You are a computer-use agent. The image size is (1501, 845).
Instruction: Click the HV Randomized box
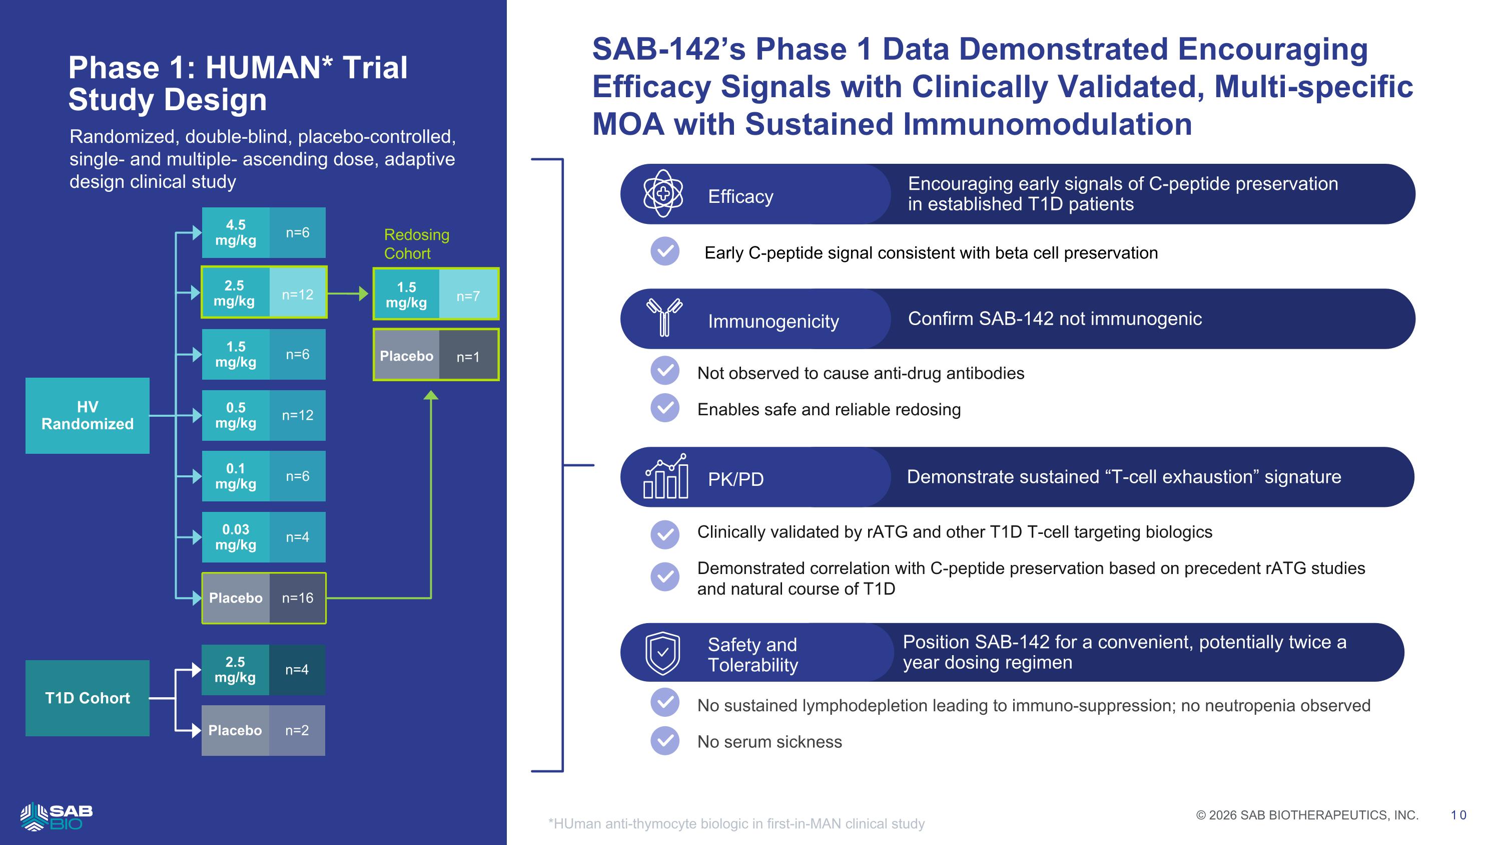coord(88,415)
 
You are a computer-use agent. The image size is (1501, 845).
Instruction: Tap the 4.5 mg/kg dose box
coord(235,233)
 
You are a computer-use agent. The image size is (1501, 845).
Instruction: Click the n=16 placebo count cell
coord(298,598)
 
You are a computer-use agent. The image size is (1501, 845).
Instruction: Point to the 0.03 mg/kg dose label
coord(235,537)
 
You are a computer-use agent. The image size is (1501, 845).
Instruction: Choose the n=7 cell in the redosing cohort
coord(468,296)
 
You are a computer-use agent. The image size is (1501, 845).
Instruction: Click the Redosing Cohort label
coord(417,244)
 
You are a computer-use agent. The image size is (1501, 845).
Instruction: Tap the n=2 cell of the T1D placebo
coord(297,730)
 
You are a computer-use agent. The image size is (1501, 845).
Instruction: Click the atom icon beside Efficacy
coord(663,194)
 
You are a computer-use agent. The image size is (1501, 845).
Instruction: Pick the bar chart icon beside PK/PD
coord(665,476)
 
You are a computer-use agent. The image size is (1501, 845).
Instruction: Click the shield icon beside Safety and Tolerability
coord(663,653)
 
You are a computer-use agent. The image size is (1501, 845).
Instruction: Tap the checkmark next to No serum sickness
coord(665,741)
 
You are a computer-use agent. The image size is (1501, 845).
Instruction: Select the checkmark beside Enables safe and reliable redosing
coord(665,408)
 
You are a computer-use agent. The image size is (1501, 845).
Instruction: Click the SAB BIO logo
coord(56,816)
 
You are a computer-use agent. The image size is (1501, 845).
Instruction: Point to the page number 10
coord(1458,815)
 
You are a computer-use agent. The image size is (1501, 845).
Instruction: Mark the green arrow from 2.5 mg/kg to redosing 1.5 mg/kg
coord(348,294)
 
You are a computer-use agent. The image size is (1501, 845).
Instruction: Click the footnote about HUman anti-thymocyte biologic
coord(736,823)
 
